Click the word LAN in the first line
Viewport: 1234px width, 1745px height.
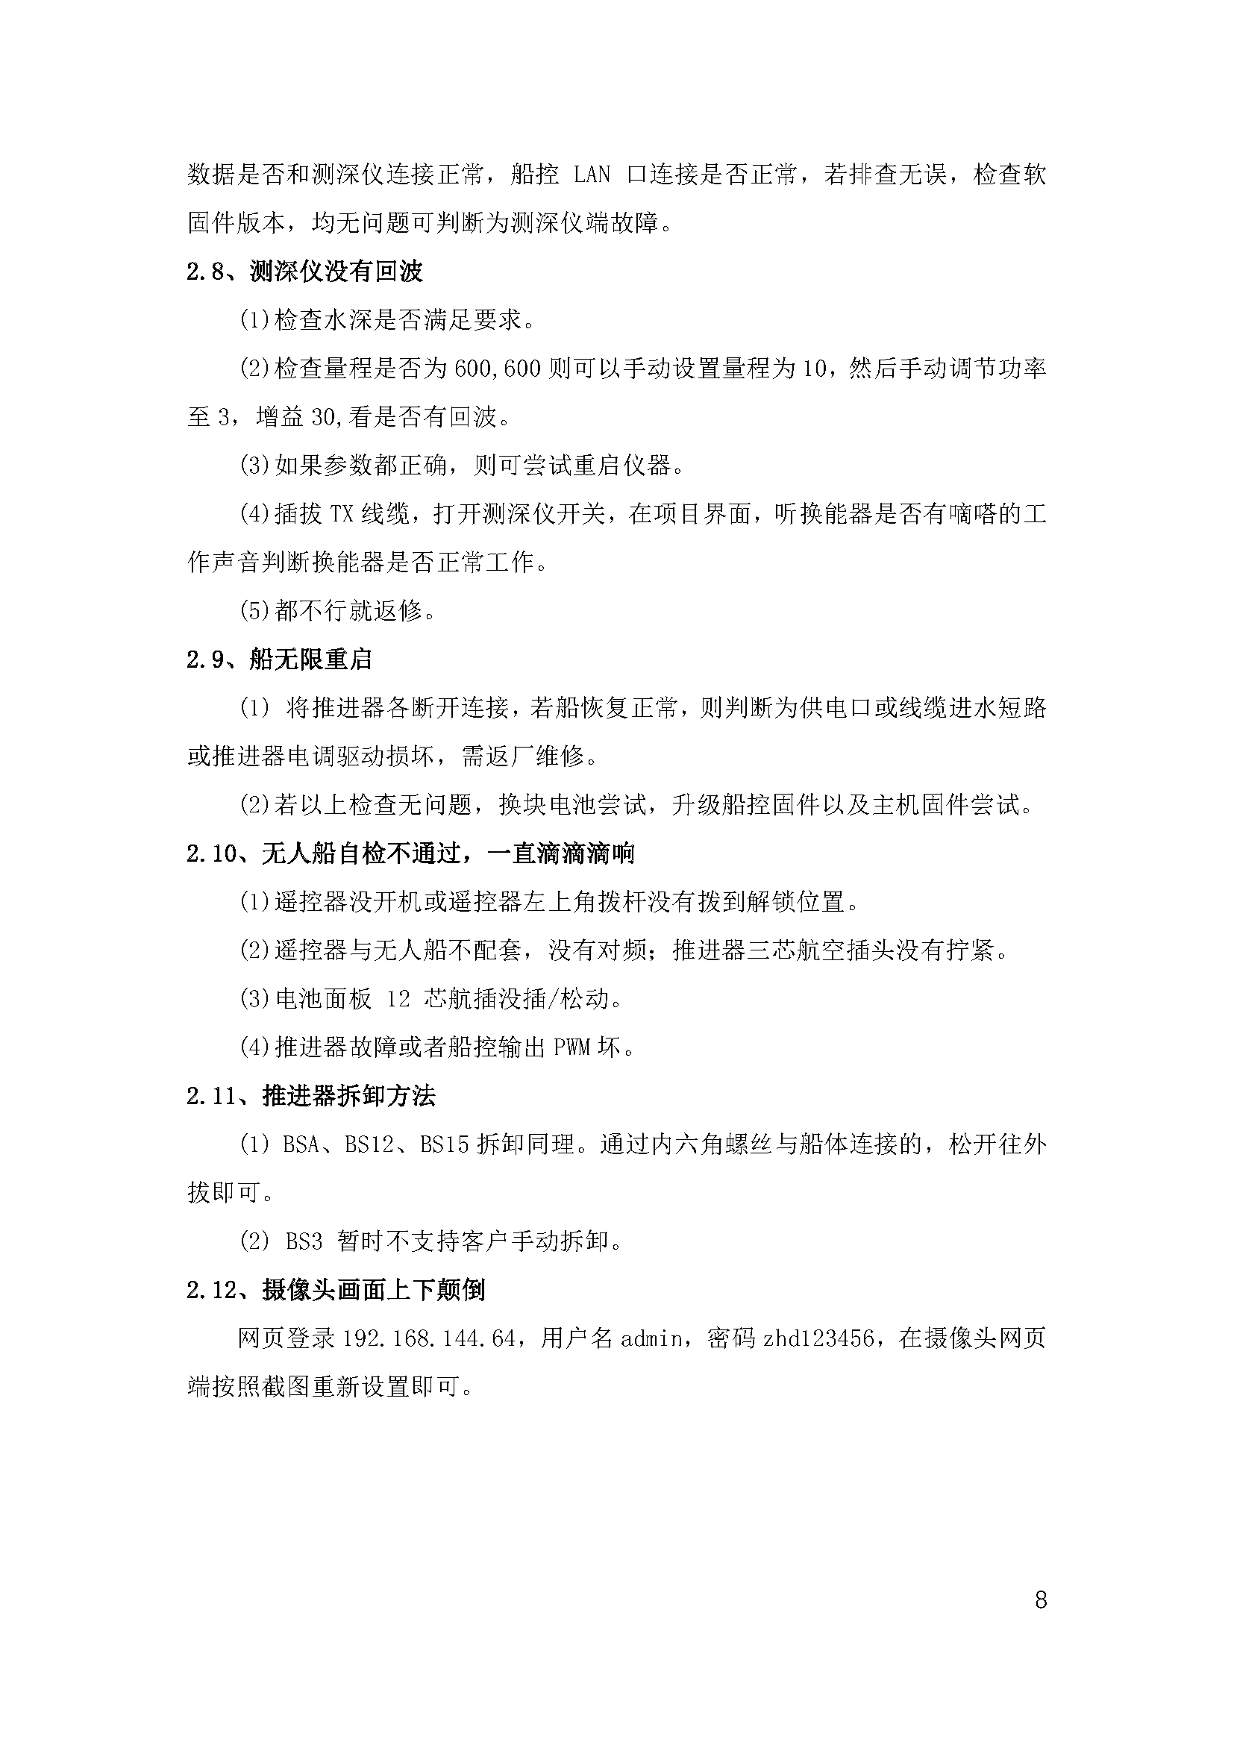click(x=592, y=175)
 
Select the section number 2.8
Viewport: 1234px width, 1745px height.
click(x=204, y=272)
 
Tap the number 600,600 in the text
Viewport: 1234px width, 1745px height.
click(x=497, y=369)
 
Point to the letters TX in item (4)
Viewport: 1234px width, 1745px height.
click(x=342, y=515)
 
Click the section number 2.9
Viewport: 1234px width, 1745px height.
click(x=204, y=660)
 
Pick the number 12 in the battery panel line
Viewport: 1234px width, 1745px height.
click(x=398, y=999)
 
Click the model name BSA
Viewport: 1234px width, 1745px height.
click(x=300, y=1144)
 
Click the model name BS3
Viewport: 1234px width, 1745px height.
click(x=304, y=1242)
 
